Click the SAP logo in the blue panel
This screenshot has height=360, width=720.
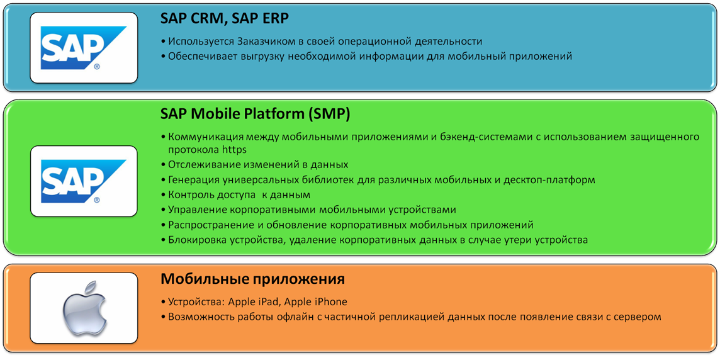click(x=84, y=48)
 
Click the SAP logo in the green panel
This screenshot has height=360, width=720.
click(x=84, y=181)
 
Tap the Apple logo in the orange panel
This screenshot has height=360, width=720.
click(x=85, y=308)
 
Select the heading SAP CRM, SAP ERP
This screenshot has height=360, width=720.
click(x=225, y=19)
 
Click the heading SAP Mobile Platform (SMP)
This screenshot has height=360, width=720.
click(x=255, y=115)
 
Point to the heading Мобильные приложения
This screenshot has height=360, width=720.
click(x=252, y=279)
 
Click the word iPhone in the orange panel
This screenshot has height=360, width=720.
click(x=331, y=301)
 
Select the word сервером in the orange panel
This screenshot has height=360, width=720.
click(x=640, y=317)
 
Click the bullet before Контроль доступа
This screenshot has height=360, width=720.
click(x=164, y=195)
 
